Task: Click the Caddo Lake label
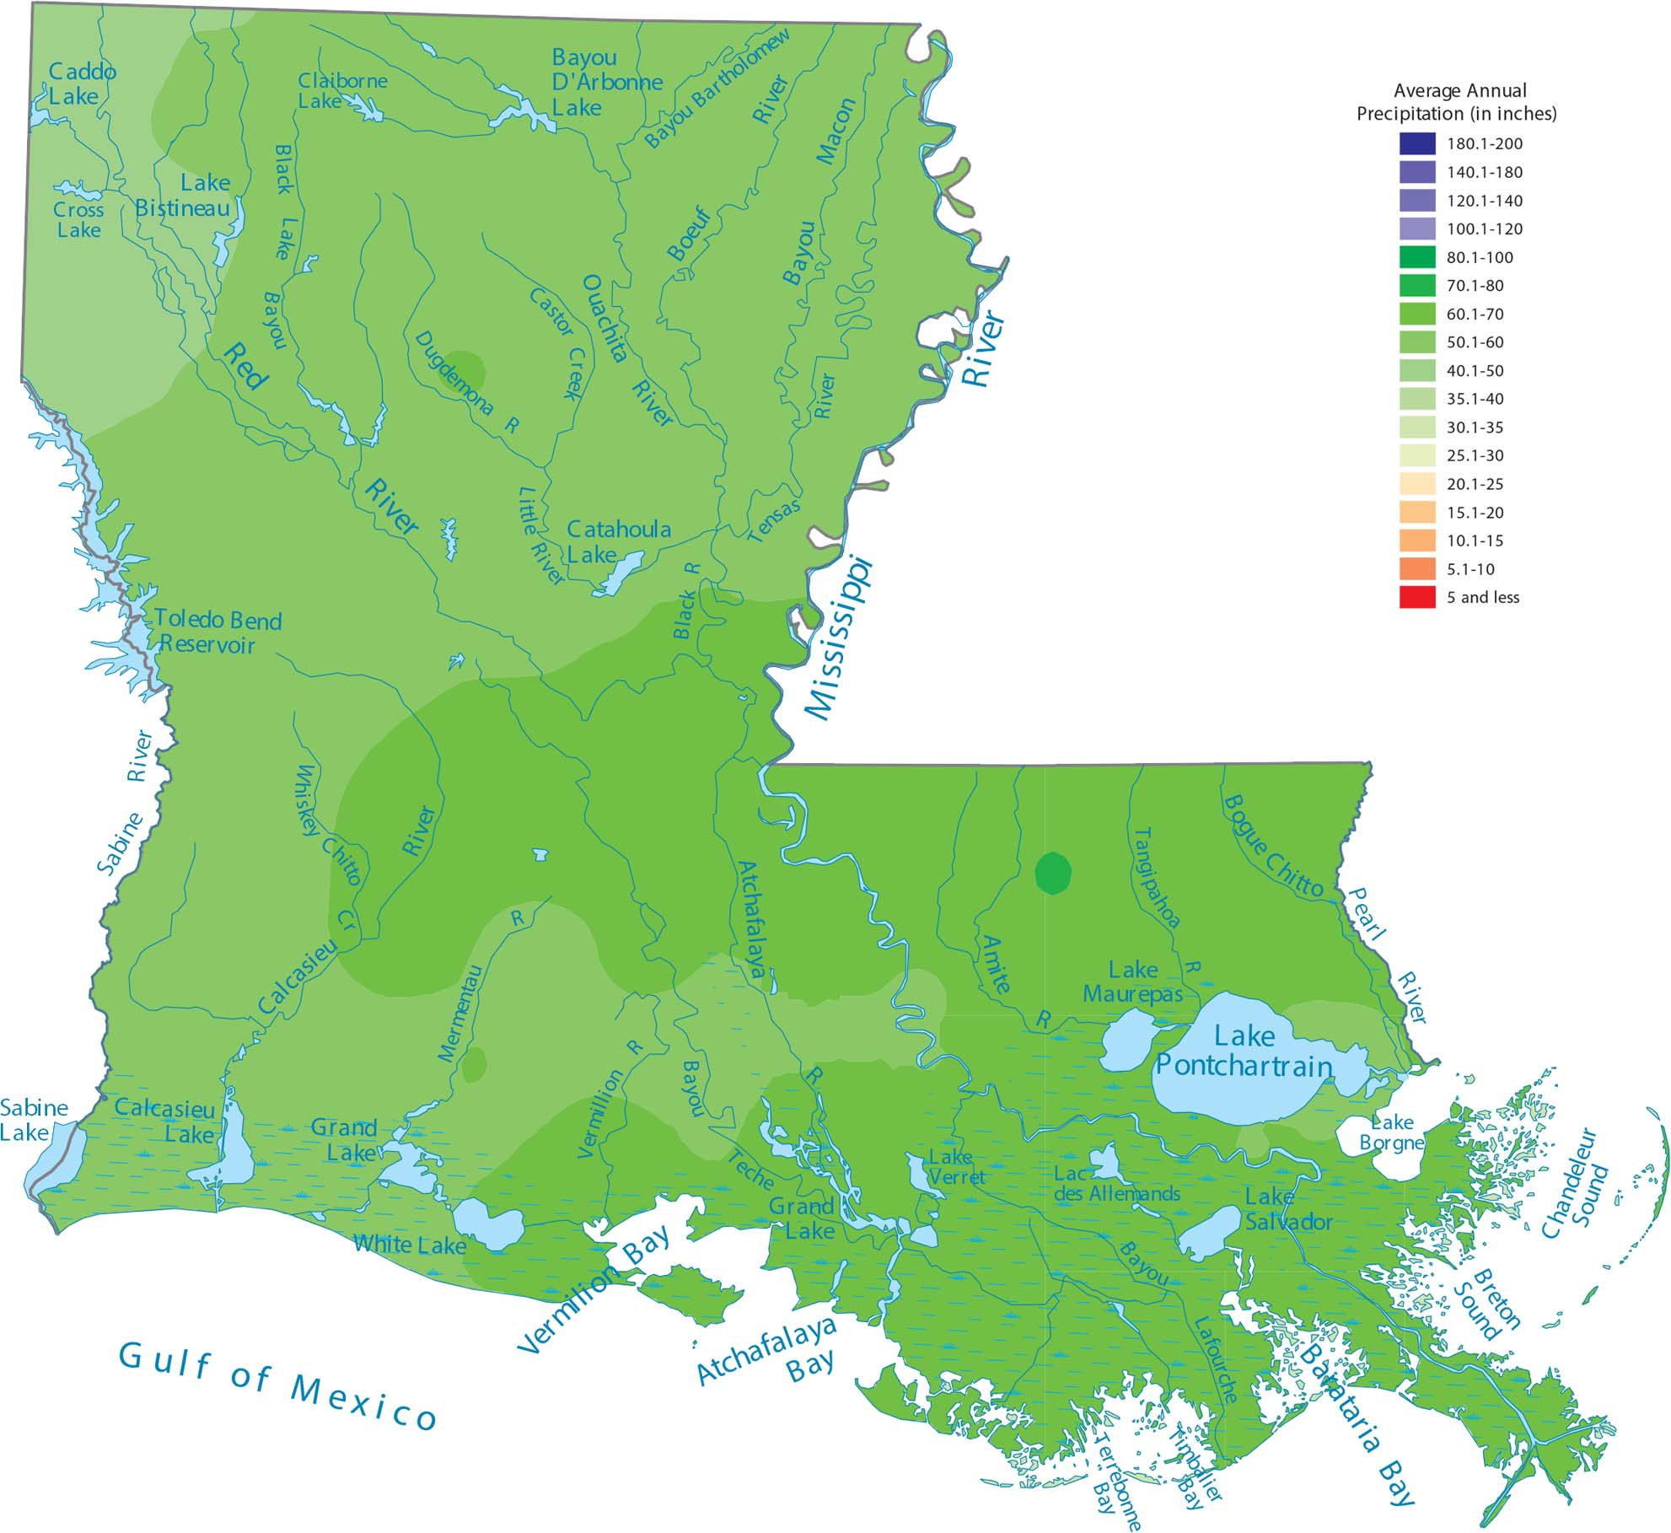81,83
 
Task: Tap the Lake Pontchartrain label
1244,1052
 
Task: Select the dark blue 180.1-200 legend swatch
1416,143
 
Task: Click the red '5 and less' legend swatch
1416,597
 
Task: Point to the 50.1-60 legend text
1475,342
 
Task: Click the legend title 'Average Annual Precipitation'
1456,102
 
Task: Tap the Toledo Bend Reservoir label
217,632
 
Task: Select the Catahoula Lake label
618,541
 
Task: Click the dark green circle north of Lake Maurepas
1052,873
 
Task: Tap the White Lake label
409,1245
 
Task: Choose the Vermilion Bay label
594,1290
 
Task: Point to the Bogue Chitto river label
1272,845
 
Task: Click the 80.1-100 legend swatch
1416,257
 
